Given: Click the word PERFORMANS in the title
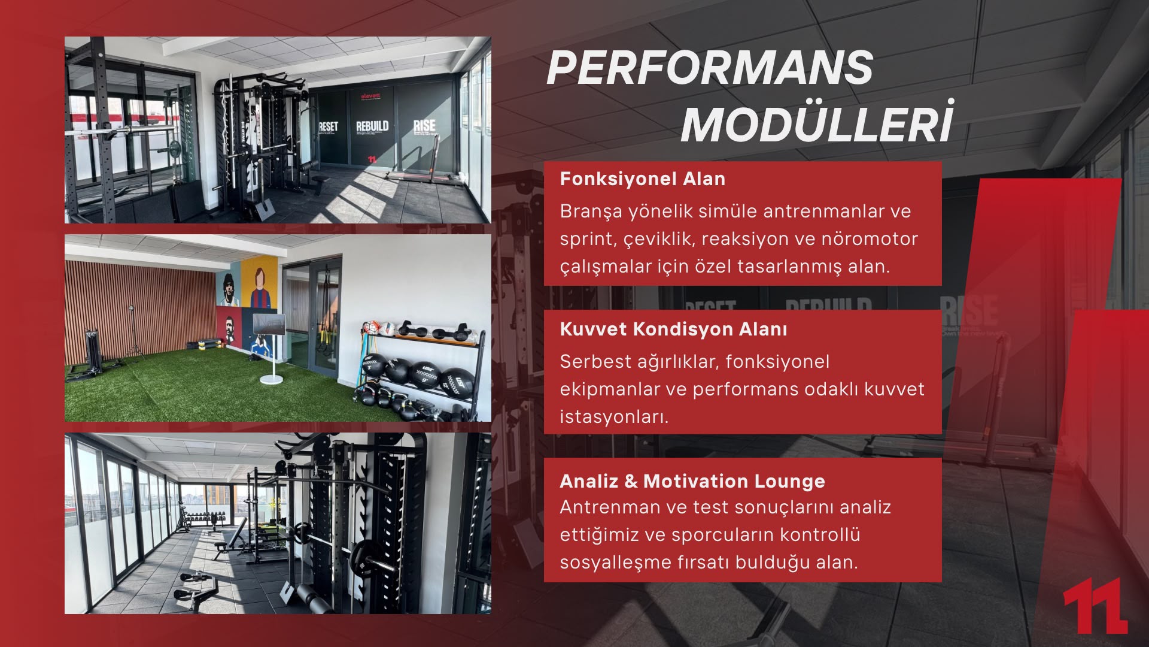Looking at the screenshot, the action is tap(710, 67).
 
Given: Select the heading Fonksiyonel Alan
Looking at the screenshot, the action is tap(643, 179).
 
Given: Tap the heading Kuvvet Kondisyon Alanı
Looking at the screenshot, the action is tap(674, 329).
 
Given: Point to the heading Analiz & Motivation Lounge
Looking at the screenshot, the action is tap(692, 481).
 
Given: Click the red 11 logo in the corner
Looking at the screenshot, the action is tap(1095, 606).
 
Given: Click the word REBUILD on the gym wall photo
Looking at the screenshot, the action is tap(372, 126).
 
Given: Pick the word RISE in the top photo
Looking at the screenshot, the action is tap(424, 125).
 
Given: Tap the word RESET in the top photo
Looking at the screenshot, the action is tap(328, 127).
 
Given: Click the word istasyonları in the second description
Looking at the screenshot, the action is tap(614, 416).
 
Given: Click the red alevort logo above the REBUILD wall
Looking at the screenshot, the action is tap(370, 96).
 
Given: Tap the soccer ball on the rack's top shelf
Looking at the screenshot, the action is tap(370, 328).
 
